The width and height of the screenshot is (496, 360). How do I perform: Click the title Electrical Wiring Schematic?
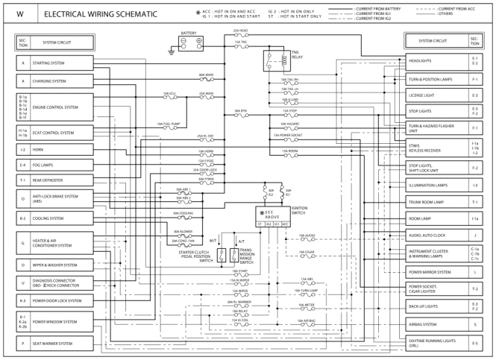pos(101,14)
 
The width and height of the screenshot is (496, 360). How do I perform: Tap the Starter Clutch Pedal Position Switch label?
pos(196,256)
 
